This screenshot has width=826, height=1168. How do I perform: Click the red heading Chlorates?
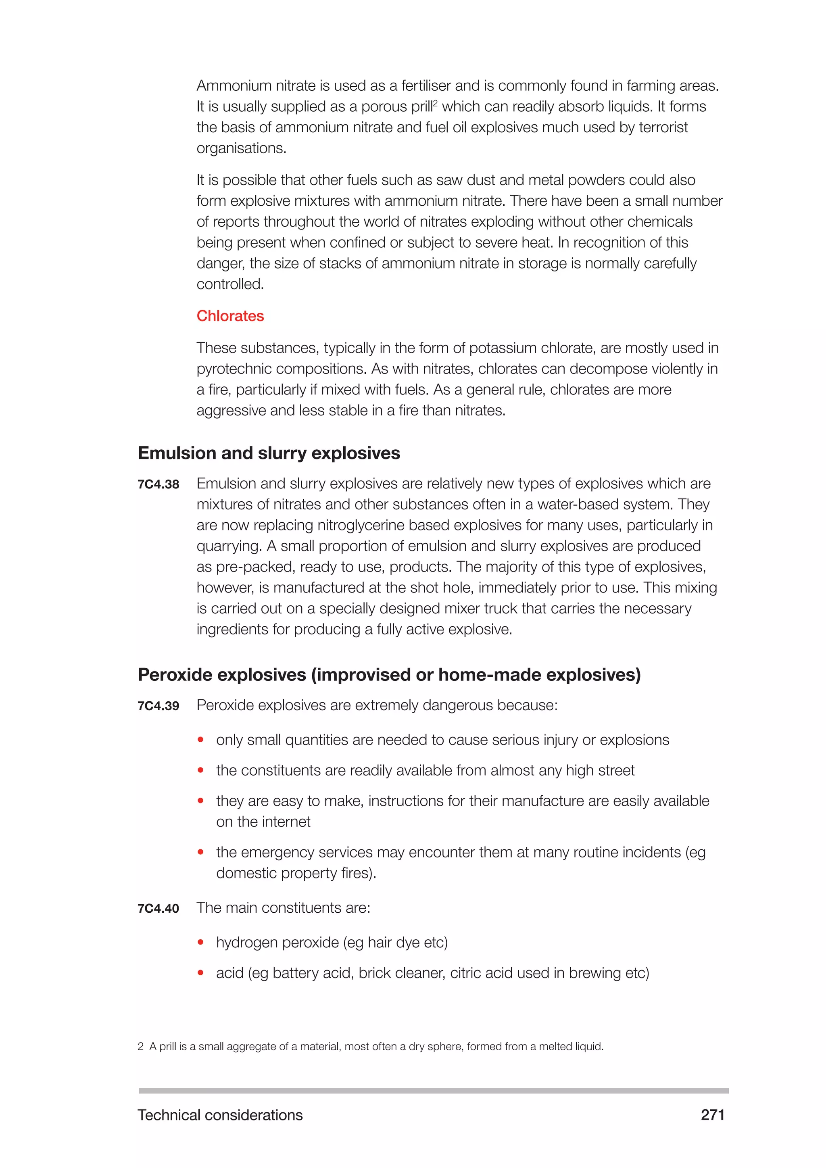point(230,316)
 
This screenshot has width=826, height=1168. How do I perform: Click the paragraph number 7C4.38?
point(158,484)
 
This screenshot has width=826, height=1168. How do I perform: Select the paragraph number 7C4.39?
point(158,706)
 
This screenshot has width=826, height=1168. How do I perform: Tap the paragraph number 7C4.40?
point(158,909)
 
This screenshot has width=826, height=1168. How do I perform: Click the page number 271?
point(712,1115)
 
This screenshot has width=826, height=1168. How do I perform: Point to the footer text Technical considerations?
point(220,1115)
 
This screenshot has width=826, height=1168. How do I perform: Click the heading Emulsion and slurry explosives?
point(269,453)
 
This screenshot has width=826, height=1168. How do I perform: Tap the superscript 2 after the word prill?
point(435,103)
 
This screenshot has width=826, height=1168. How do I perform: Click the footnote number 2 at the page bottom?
point(140,1047)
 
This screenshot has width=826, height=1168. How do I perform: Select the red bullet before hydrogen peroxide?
point(200,942)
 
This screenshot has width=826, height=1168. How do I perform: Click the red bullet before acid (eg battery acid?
point(200,973)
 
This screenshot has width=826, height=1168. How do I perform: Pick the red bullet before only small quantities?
point(200,740)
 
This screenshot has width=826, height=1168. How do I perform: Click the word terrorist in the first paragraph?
point(663,127)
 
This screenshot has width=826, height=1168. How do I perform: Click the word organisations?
point(241,148)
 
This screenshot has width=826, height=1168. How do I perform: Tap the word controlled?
point(230,284)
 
